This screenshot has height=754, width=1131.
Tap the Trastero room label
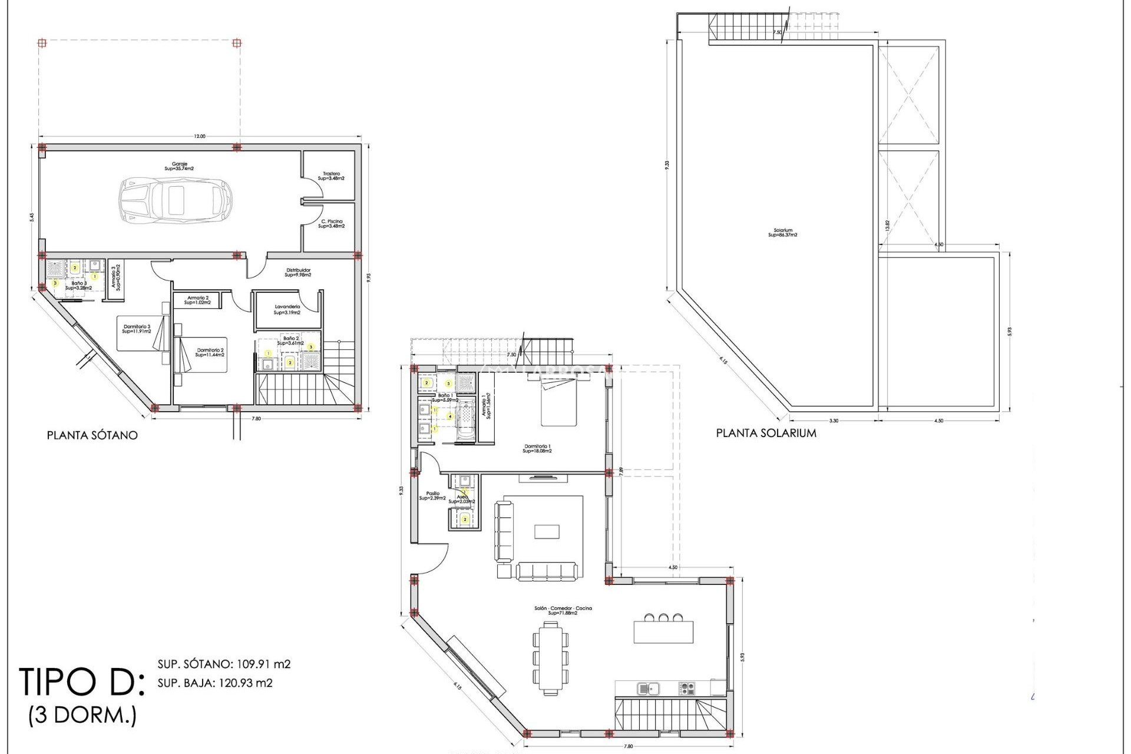[330, 176]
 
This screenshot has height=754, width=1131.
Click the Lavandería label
[287, 310]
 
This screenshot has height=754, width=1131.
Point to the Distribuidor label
[297, 272]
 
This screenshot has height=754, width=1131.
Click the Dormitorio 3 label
[137, 329]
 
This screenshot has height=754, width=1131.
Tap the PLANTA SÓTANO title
[92, 435]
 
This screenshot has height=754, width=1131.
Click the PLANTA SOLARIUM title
[766, 433]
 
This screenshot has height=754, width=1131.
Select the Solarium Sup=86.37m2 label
[782, 233]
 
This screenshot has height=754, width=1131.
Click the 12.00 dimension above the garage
[200, 137]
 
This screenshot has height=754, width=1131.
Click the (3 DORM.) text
[82, 716]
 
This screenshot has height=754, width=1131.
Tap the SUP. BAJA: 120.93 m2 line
[215, 683]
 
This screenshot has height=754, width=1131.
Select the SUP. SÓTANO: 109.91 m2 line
[224, 664]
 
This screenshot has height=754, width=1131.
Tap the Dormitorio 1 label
[537, 448]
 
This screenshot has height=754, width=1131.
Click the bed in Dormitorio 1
[558, 402]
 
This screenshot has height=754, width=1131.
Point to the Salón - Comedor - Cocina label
[562, 610]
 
